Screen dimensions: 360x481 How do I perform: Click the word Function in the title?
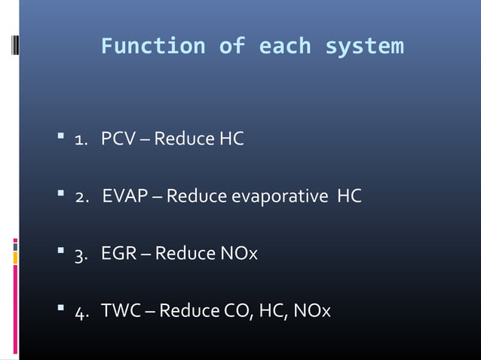(153, 47)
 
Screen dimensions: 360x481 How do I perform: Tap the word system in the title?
(364, 47)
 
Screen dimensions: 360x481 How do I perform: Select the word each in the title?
(284, 47)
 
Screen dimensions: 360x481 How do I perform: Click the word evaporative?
(280, 197)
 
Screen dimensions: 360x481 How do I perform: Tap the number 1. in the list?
(82, 140)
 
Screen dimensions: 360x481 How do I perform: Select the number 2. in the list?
(83, 197)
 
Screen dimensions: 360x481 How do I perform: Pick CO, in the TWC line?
(231, 311)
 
